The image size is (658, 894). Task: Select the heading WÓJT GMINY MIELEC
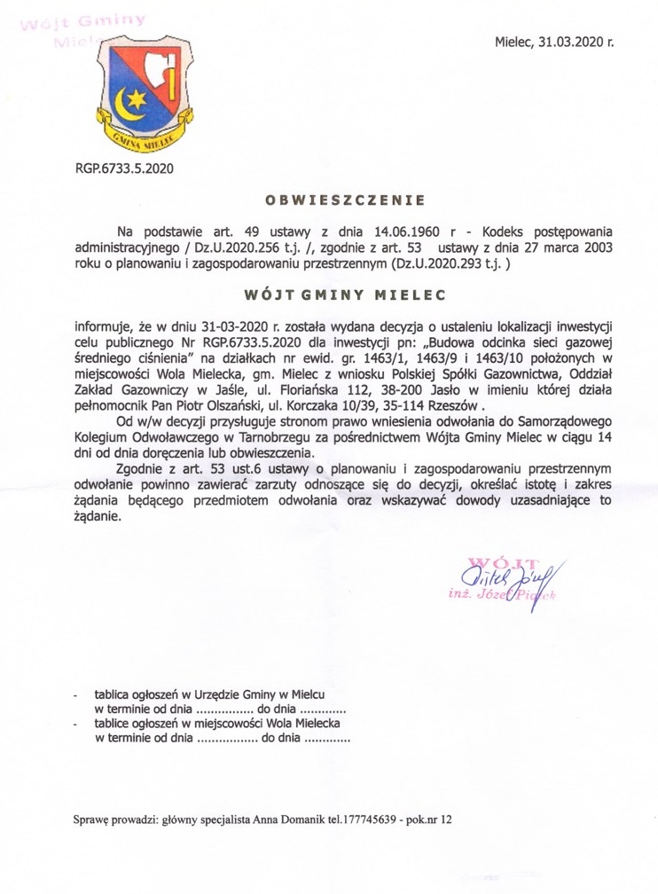(x=334, y=292)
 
